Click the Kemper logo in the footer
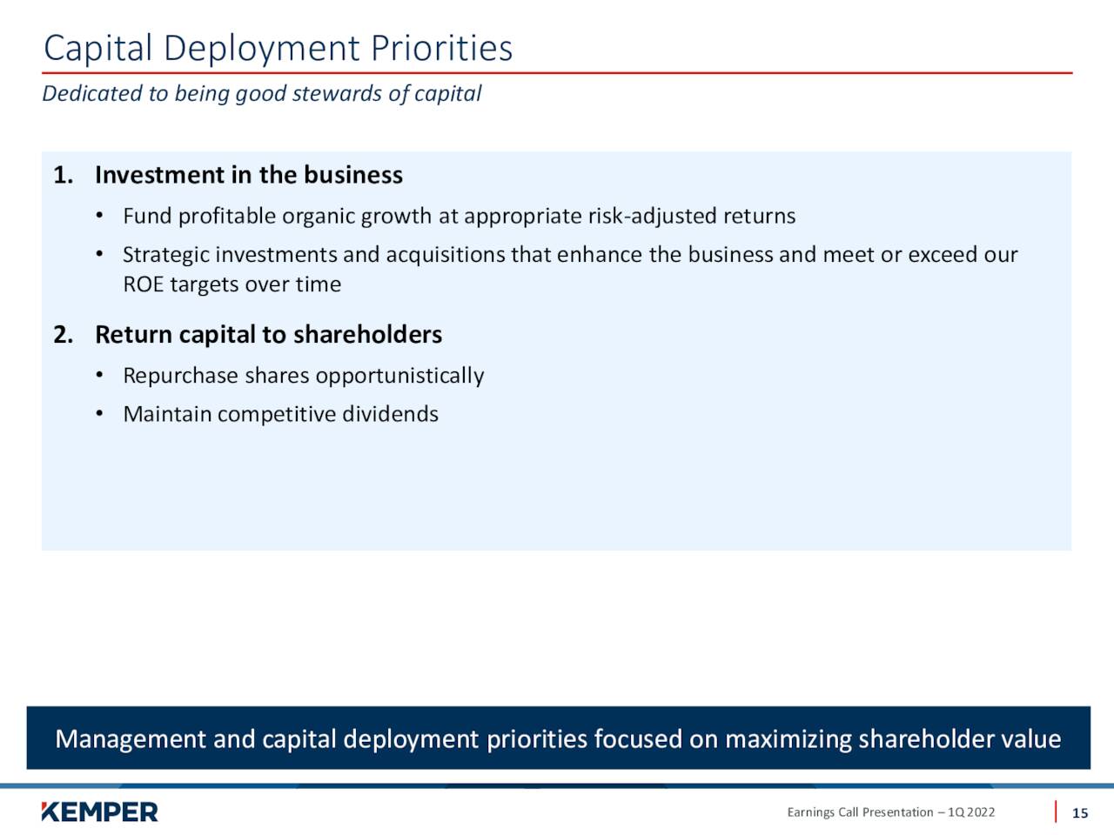[x=99, y=812]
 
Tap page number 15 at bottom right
[x=1080, y=813]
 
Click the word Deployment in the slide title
[x=262, y=50]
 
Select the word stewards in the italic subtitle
[x=337, y=93]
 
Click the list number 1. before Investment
[x=64, y=175]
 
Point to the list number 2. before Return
[x=64, y=335]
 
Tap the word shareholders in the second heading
[x=368, y=335]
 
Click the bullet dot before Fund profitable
[x=99, y=216]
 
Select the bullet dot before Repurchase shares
[x=99, y=375]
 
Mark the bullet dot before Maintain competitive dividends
[x=99, y=414]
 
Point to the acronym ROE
[x=144, y=284]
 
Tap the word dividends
[x=390, y=414]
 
